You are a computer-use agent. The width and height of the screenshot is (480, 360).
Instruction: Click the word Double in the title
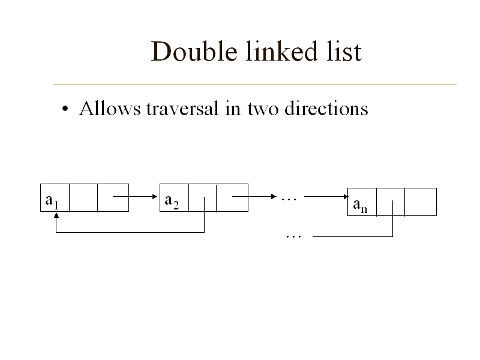coord(194,52)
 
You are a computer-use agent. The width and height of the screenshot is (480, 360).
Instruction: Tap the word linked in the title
coord(281,51)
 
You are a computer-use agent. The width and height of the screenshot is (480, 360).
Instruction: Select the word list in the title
coord(344,51)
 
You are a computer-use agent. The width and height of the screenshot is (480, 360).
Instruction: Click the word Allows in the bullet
coord(110,109)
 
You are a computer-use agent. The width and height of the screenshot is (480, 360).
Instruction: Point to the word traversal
coord(182,109)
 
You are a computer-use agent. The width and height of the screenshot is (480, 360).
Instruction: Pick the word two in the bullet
coord(263,110)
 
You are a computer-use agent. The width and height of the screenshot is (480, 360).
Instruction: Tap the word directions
coord(326,109)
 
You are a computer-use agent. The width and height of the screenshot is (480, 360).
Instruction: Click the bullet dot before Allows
coord(65,109)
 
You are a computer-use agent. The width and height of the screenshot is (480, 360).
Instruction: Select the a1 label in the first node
coord(52,202)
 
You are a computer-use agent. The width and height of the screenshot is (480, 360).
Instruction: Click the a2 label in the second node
coord(172,202)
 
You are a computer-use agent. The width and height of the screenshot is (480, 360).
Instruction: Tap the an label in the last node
coord(360,205)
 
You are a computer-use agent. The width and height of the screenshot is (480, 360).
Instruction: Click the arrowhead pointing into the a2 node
coord(155,197)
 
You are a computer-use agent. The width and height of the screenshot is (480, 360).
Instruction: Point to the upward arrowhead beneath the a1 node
coord(56,215)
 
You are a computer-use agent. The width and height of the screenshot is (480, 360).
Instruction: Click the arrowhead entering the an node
coord(346,197)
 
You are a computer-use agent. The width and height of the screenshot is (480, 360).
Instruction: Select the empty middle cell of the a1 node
coord(83,198)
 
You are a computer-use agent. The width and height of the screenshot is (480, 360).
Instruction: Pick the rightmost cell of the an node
coord(421,202)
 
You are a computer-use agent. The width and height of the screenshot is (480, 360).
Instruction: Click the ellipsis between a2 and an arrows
coord(289,200)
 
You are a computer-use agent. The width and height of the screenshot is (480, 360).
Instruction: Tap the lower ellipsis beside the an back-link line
coord(293,236)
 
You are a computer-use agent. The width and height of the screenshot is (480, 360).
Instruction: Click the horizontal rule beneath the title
coord(255,84)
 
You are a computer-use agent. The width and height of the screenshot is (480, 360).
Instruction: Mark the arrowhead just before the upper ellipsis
coord(274,197)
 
